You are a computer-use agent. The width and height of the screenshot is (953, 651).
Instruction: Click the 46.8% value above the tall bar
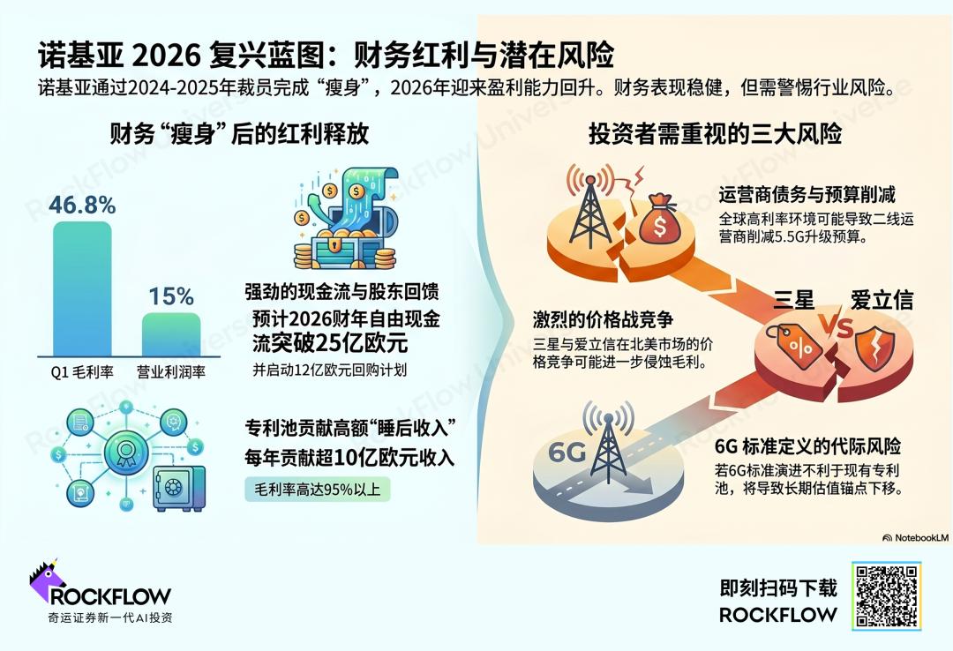coord(82,206)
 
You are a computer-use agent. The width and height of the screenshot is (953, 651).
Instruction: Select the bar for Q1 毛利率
coord(83,288)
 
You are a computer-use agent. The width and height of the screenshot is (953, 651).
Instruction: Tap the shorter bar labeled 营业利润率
coord(171,334)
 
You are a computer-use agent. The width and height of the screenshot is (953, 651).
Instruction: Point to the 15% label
coord(171,296)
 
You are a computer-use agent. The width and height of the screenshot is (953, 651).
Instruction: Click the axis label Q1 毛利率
coord(82,372)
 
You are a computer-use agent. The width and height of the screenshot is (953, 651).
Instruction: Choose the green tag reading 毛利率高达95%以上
coord(318,489)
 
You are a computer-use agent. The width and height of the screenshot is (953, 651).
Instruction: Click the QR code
coord(887,596)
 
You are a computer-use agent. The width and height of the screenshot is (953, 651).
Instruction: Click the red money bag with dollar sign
coord(660,219)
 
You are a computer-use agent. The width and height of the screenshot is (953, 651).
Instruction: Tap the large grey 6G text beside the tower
coord(567,452)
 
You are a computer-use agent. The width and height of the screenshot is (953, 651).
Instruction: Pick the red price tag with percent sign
coord(794,345)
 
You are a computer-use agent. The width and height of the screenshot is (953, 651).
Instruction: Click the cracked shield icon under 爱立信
coord(875,348)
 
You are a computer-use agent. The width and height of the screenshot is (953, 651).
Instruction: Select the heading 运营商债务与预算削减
coord(807,195)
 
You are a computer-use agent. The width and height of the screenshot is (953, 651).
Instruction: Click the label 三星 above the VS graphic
coord(793,300)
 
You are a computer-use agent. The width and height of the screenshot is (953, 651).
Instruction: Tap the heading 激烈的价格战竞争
coord(603,319)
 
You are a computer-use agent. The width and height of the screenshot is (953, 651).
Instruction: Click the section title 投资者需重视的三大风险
coord(715,134)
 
